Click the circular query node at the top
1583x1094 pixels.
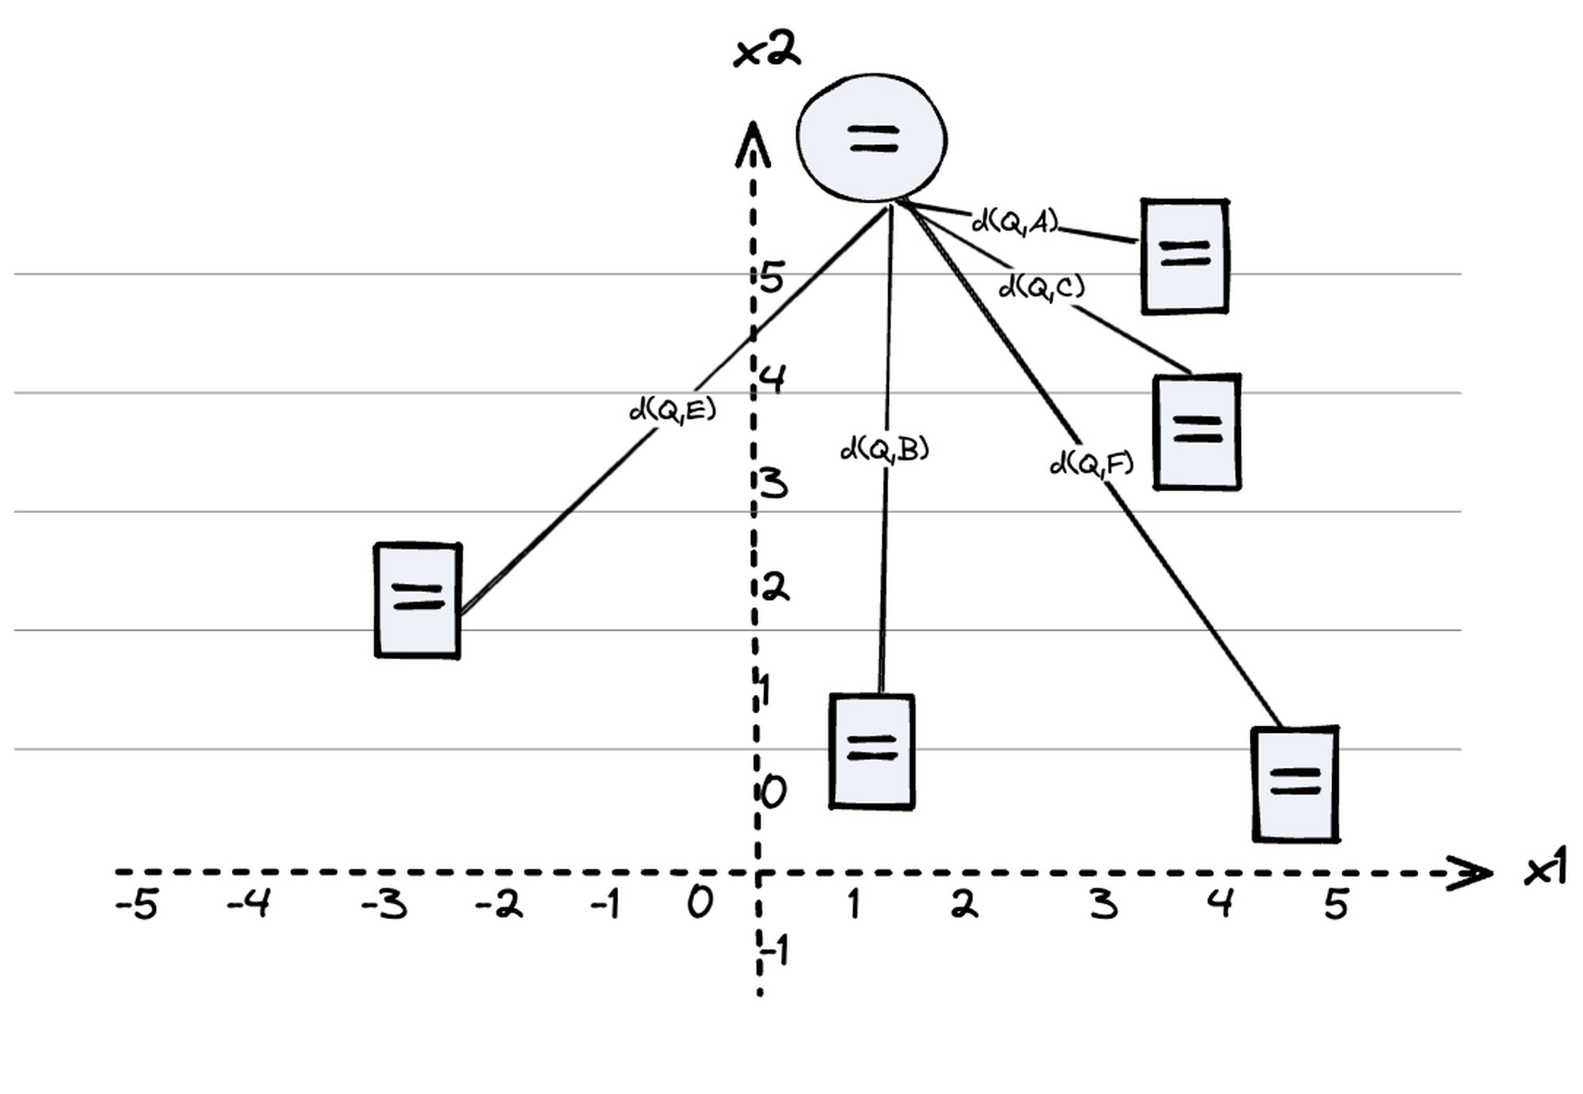point(871,138)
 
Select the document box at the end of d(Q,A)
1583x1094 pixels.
point(1185,256)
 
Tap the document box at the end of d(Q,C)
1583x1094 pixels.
point(1197,432)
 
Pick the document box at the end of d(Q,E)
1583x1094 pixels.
point(418,600)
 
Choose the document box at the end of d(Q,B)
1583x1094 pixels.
point(872,751)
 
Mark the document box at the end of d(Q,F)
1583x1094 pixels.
point(1296,784)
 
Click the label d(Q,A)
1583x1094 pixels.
point(1015,222)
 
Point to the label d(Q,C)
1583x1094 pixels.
point(1042,287)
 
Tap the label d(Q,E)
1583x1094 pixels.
point(672,410)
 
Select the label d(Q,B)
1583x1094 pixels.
point(884,450)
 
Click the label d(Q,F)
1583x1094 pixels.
point(1091,463)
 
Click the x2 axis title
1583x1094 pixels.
point(767,52)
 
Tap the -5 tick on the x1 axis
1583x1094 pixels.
point(136,904)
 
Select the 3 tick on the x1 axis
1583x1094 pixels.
point(1104,904)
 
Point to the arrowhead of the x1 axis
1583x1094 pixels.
point(1471,874)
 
